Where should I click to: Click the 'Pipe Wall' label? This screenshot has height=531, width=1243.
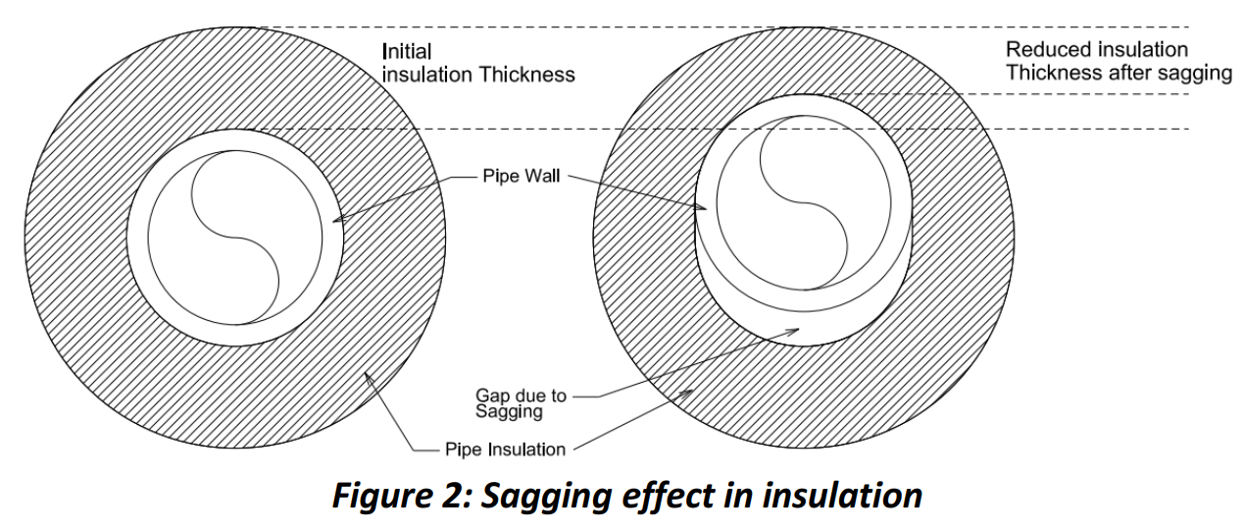click(x=521, y=178)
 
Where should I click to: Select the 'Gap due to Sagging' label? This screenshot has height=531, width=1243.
click(x=521, y=403)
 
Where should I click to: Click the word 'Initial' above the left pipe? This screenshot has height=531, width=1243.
click(x=406, y=51)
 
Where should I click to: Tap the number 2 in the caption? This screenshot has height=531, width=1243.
click(x=457, y=496)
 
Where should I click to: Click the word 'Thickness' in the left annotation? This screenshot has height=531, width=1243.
click(x=526, y=75)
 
